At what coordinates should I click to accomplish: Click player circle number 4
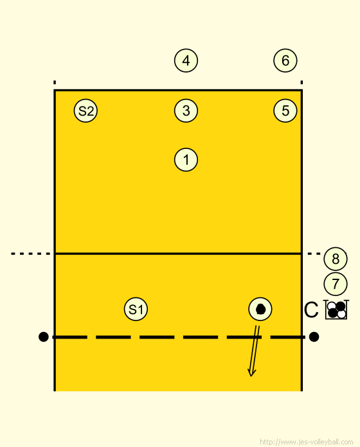(x=186, y=60)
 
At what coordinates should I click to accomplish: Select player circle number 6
(x=285, y=60)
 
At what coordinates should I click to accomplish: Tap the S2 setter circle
(x=85, y=110)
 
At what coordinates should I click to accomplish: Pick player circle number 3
(x=186, y=110)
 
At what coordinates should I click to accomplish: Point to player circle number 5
(x=285, y=110)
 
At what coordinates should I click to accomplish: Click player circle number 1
(x=186, y=160)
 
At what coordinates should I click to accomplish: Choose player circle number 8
(x=336, y=259)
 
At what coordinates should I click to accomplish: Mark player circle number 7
(x=336, y=284)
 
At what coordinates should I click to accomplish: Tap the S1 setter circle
(x=136, y=309)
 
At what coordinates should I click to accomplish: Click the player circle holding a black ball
(x=260, y=309)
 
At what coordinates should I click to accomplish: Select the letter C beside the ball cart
(x=311, y=310)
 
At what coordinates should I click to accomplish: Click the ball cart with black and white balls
(x=337, y=310)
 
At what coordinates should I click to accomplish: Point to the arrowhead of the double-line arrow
(x=251, y=372)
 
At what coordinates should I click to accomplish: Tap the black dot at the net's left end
(x=43, y=337)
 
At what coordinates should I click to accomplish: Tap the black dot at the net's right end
(x=314, y=337)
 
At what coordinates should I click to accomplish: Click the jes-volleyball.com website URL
(x=307, y=442)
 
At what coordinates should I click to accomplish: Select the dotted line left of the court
(x=30, y=254)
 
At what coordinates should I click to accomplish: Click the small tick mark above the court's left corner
(x=55, y=82)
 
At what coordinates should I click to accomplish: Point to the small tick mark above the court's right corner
(x=301, y=82)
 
